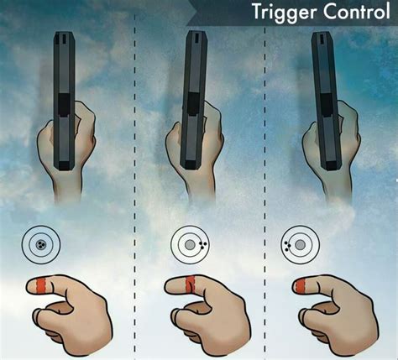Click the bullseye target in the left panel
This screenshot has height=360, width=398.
click(40, 245)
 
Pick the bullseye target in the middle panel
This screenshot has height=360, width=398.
click(190, 245)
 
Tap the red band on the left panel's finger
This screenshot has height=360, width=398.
click(38, 287)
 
